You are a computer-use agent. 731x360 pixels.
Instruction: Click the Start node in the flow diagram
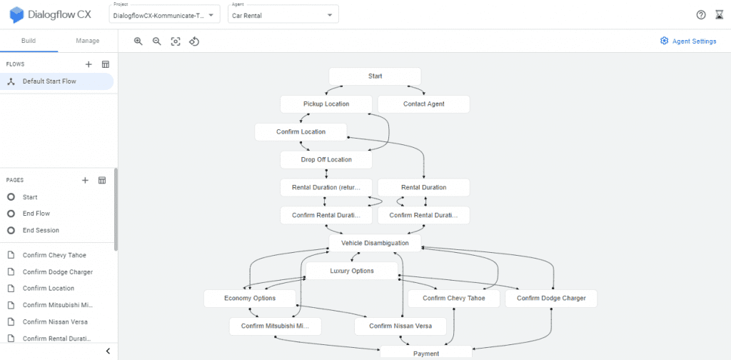click(375, 76)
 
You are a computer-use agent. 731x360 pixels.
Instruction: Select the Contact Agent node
click(424, 104)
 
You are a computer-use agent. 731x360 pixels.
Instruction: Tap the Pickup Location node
click(326, 104)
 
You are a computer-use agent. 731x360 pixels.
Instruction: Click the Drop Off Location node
click(326, 159)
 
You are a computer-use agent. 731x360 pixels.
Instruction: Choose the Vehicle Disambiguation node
click(375, 243)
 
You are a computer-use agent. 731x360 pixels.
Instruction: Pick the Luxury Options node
click(352, 271)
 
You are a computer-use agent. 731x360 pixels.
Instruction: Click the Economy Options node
click(250, 299)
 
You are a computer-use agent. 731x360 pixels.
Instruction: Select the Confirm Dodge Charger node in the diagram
click(551, 299)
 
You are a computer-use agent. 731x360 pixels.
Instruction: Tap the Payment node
click(426, 353)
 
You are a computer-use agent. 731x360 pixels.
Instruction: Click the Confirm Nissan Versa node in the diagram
click(400, 326)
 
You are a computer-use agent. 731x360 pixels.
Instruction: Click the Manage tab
click(88, 41)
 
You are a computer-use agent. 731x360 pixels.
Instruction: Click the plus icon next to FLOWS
click(89, 64)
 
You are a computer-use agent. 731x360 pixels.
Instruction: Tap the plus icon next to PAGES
click(85, 181)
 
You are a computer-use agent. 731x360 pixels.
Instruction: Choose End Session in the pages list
click(41, 231)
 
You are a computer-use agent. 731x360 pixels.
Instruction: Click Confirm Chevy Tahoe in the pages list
click(54, 255)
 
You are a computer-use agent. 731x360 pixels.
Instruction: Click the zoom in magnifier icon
click(138, 41)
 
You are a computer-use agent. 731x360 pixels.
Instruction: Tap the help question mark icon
click(701, 15)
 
